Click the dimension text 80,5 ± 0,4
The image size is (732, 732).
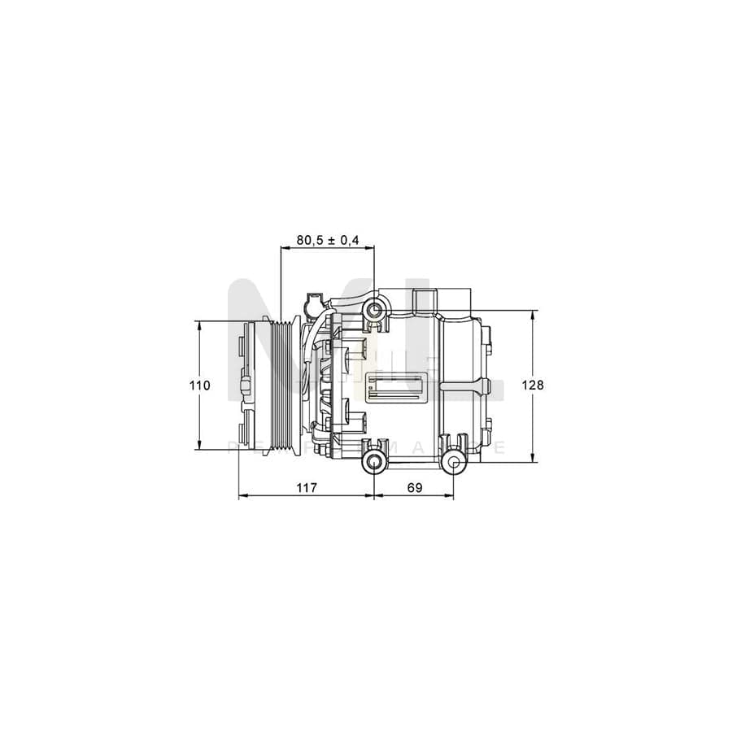(x=327, y=240)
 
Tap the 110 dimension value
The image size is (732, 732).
(x=201, y=385)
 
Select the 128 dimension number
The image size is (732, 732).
(x=534, y=385)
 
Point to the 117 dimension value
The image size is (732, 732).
(x=305, y=487)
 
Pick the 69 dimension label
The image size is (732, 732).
(x=414, y=487)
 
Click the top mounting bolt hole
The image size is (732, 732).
(x=374, y=309)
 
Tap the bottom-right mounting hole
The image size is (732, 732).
(x=454, y=464)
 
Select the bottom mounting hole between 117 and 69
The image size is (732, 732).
(x=373, y=464)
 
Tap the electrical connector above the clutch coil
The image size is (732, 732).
(x=312, y=305)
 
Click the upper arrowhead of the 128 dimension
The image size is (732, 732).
(x=533, y=314)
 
